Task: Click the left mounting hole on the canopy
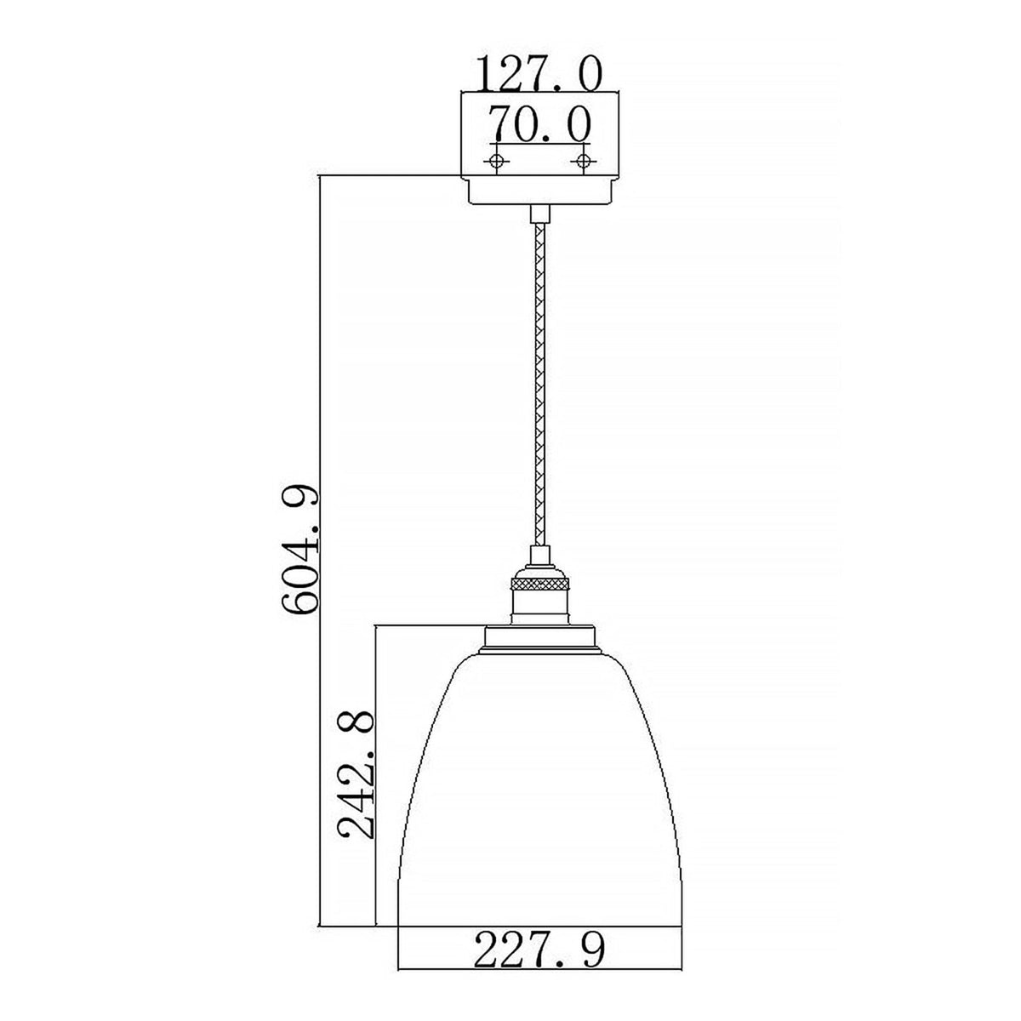(x=496, y=161)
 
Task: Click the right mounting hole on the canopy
(x=583, y=161)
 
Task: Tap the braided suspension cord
(x=538, y=383)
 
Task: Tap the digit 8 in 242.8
(x=356, y=722)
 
